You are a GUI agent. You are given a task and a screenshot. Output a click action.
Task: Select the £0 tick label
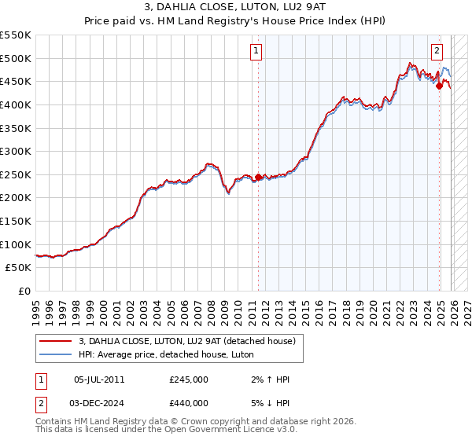coord(24,291)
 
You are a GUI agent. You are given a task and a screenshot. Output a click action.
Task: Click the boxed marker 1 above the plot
coord(256,52)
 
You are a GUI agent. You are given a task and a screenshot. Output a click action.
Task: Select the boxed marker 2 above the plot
coord(437,52)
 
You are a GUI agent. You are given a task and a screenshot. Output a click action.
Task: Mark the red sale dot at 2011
coord(258,178)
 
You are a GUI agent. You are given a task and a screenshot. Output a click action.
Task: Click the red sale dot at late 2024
coord(439,86)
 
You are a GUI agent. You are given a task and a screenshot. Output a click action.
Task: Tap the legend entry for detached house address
coord(186,341)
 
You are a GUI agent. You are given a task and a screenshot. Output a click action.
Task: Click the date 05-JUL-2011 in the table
coord(98,379)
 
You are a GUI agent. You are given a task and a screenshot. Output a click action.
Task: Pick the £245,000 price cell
coord(189,379)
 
